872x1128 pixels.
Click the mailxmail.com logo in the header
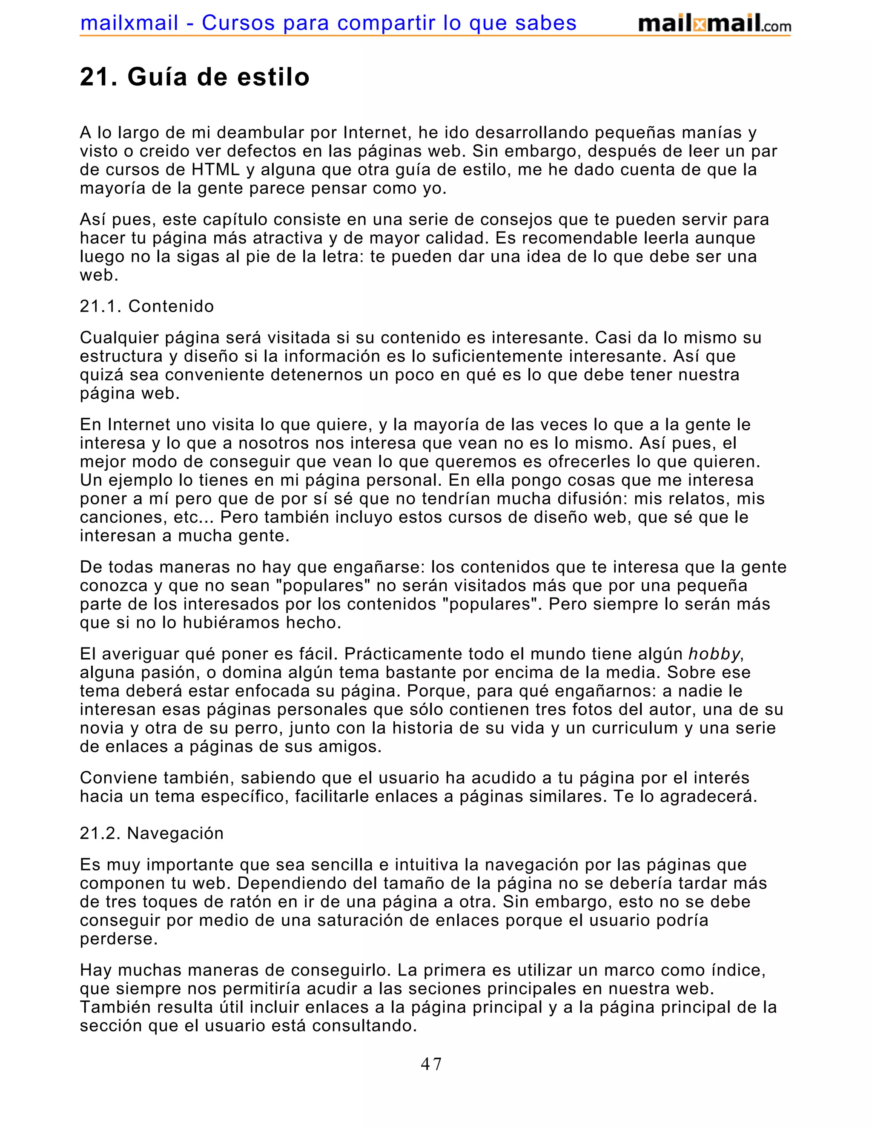[x=714, y=24]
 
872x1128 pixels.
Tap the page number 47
[x=431, y=1065]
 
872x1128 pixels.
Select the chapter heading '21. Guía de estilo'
[x=195, y=77]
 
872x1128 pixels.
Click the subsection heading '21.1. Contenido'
[x=147, y=306]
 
